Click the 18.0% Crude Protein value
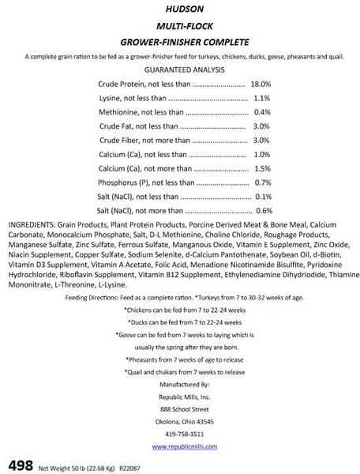pyautogui.click(x=261, y=83)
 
